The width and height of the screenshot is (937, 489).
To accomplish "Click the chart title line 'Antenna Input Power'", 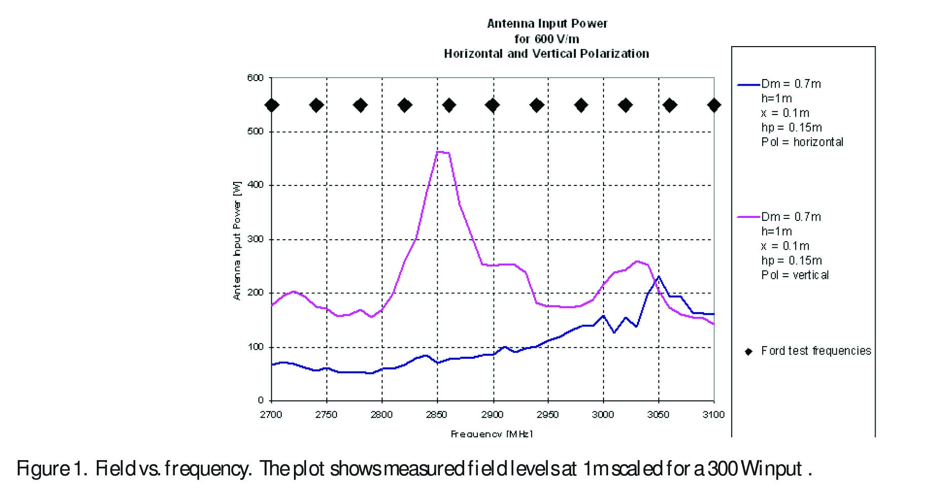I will tap(547, 23).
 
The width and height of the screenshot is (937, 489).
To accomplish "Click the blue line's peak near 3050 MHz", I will tap(658, 277).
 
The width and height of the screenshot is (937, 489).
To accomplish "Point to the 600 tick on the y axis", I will tap(255, 78).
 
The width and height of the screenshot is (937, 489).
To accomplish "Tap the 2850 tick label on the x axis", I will tap(436, 415).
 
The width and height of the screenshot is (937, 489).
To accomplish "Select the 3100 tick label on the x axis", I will tap(714, 415).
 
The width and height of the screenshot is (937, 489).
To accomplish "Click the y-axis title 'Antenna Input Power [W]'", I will tap(237, 241).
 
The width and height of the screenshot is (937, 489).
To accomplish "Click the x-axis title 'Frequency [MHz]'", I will tap(492, 433).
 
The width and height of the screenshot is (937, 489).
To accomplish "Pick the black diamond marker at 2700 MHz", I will tap(272, 105).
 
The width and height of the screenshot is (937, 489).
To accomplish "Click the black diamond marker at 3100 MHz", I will tap(714, 105).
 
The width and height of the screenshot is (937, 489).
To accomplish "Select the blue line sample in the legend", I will tap(748, 85).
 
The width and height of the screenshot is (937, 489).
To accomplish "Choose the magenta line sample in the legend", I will tap(748, 217).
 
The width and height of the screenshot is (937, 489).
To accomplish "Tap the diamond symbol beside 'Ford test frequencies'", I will tap(748, 352).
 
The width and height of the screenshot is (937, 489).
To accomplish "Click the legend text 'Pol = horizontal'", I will tap(802, 142).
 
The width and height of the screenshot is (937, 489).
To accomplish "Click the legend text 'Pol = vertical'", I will tap(795, 275).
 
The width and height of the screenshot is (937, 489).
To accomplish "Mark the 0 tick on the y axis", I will tap(260, 400).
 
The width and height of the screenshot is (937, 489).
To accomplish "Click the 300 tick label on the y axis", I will tap(255, 239).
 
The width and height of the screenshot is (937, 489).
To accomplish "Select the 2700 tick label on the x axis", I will tap(271, 415).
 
